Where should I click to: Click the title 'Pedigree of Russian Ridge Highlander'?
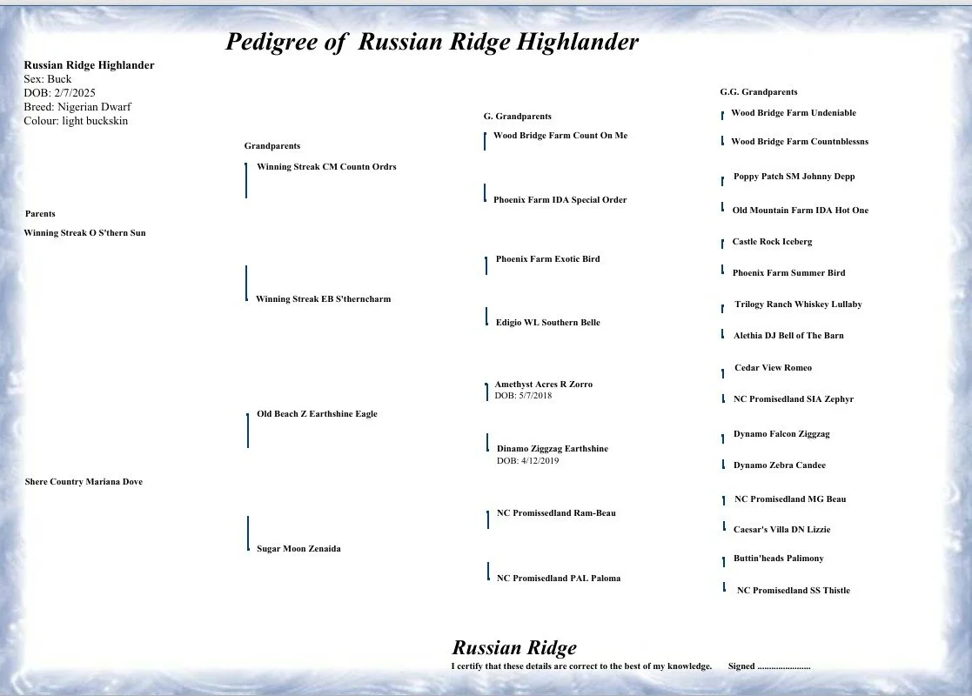click(432, 42)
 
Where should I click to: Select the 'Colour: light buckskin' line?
click(76, 121)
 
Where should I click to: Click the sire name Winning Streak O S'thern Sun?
click(84, 233)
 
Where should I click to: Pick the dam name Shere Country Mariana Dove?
click(84, 482)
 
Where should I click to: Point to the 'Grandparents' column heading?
click(271, 146)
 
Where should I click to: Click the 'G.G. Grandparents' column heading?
click(758, 91)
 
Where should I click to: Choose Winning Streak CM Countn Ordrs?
click(326, 167)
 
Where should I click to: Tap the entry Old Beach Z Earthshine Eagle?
click(317, 414)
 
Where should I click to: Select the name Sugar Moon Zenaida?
click(298, 549)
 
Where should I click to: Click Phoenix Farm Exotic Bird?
click(547, 259)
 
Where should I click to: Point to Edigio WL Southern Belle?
click(547, 323)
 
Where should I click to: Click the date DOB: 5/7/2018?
click(523, 396)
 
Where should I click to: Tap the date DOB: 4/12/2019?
click(527, 461)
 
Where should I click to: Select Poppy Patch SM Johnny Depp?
click(794, 177)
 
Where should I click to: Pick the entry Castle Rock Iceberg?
click(772, 242)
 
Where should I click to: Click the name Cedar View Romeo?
click(773, 368)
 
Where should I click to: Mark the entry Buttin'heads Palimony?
click(778, 559)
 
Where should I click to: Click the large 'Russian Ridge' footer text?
click(513, 648)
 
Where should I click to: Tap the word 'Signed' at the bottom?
click(741, 666)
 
